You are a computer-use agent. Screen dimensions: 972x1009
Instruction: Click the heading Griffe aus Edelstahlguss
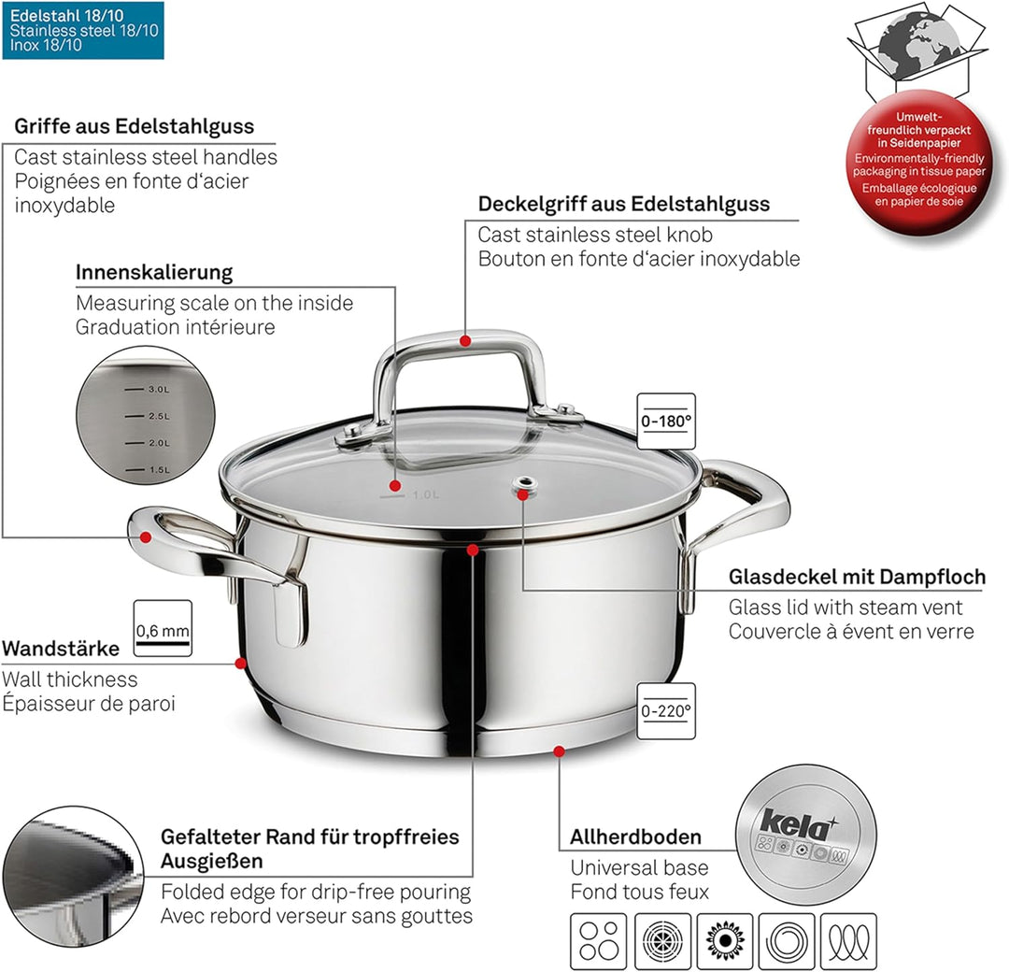pyautogui.click(x=134, y=126)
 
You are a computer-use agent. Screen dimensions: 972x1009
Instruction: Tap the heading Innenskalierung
pyautogui.click(x=154, y=273)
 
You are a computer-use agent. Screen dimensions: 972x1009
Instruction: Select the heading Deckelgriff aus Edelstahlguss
pyautogui.click(x=623, y=204)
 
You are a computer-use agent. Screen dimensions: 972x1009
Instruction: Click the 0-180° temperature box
pyautogui.click(x=666, y=422)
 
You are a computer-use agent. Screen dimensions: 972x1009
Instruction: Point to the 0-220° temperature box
pyautogui.click(x=666, y=711)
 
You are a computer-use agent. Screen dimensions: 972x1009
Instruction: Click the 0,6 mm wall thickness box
pyautogui.click(x=163, y=629)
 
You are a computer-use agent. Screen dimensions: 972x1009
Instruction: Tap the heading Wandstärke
pyautogui.click(x=61, y=649)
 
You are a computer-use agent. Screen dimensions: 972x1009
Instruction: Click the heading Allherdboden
pyautogui.click(x=635, y=837)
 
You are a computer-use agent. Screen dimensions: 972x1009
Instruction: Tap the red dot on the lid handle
pyautogui.click(x=465, y=341)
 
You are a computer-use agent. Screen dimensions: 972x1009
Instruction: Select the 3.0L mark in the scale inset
pyautogui.click(x=157, y=389)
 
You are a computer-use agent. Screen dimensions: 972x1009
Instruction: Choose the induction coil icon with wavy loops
pyautogui.click(x=848, y=941)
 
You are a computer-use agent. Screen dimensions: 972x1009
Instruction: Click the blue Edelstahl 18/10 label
pyautogui.click(x=83, y=30)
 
